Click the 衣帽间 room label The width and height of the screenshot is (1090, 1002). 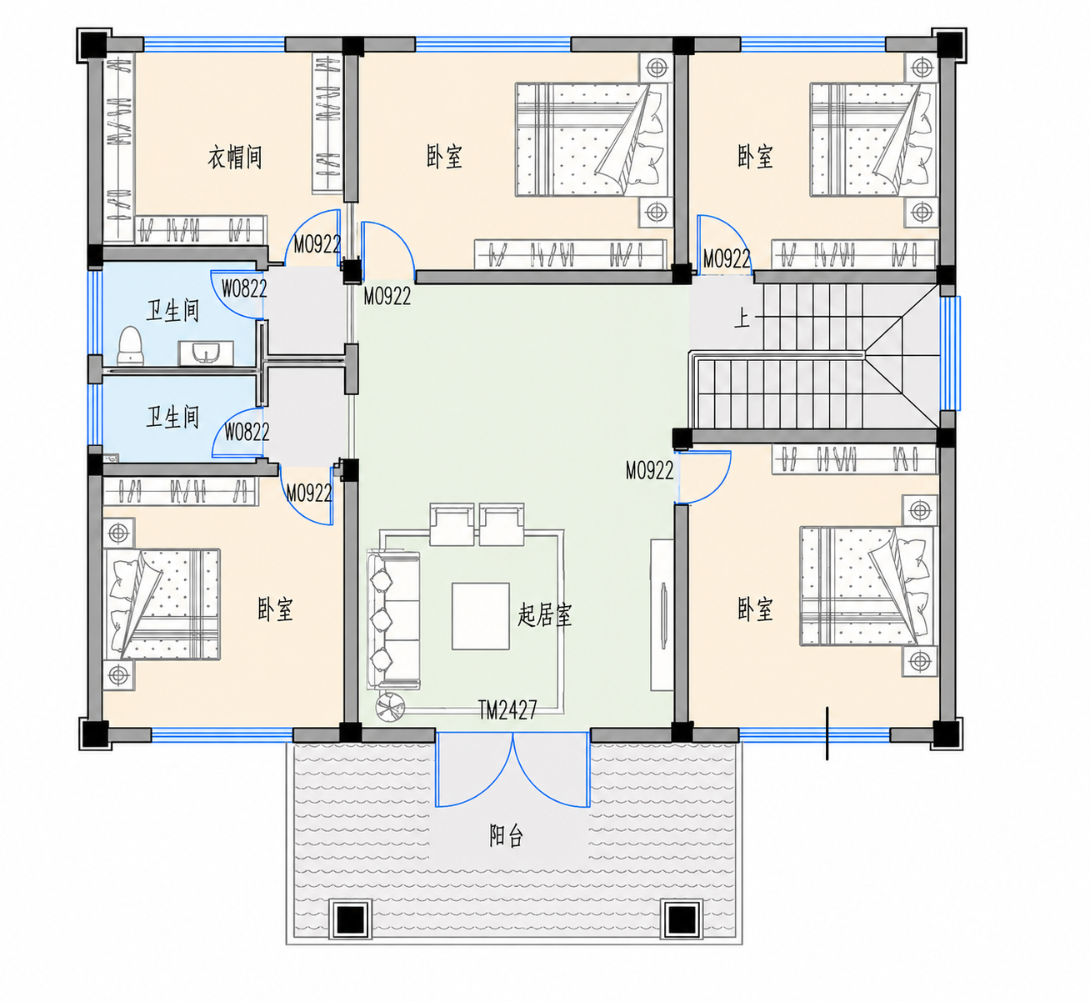235,158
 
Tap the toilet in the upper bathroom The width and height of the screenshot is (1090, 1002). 130,346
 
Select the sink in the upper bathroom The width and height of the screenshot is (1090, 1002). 206,353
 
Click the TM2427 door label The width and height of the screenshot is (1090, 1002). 507,709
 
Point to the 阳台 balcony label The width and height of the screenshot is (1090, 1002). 506,835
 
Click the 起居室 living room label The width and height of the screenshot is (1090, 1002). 544,615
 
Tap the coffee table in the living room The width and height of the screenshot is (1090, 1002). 481,617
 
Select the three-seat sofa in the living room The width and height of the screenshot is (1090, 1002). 393,621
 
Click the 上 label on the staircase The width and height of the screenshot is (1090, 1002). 742,318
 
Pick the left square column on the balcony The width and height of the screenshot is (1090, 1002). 351,919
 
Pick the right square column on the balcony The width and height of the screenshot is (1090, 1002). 682,919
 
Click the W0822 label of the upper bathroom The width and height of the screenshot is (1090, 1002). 244,288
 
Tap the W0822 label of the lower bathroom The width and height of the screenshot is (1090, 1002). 247,432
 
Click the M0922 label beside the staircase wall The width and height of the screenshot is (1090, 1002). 649,470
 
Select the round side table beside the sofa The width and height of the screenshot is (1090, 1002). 390,706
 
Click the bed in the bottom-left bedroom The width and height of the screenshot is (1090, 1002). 162,604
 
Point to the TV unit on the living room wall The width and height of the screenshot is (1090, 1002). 662,615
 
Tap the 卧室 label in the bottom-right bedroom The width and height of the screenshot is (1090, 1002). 755,609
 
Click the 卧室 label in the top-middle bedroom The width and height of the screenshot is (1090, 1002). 444,157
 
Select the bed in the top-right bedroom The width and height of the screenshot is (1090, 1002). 873,140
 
